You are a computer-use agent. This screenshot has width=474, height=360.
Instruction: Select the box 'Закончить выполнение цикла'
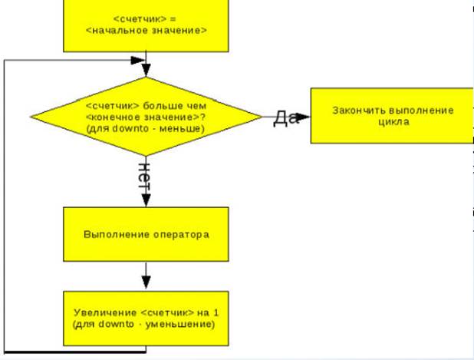[x=393, y=115]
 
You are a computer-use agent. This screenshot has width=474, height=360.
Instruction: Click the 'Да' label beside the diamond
[x=285, y=117]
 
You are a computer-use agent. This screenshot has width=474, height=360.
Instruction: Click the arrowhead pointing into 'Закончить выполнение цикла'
[x=304, y=117]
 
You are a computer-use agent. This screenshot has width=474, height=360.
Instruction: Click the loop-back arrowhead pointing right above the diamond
[x=139, y=59]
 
